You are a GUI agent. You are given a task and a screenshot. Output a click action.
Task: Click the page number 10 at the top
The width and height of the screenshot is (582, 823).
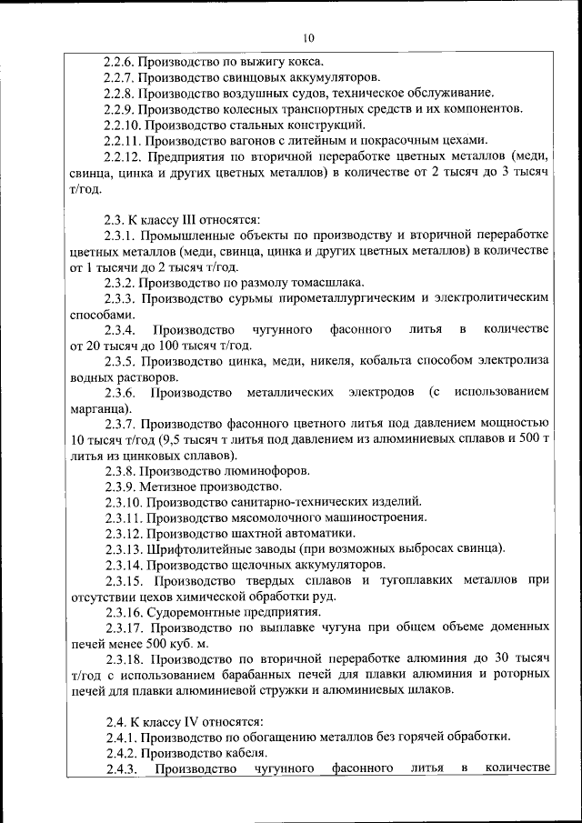[x=307, y=37]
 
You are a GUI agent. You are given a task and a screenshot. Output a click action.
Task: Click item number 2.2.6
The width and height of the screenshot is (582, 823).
[x=119, y=61]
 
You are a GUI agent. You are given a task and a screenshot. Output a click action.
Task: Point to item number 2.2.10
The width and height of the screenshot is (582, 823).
[x=123, y=124]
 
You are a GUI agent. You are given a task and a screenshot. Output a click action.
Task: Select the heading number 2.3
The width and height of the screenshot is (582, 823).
[x=114, y=218]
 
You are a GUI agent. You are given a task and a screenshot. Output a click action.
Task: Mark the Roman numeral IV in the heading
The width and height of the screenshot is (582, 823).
[x=190, y=720]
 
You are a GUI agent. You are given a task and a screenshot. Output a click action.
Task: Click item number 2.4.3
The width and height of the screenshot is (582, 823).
[x=119, y=768]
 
